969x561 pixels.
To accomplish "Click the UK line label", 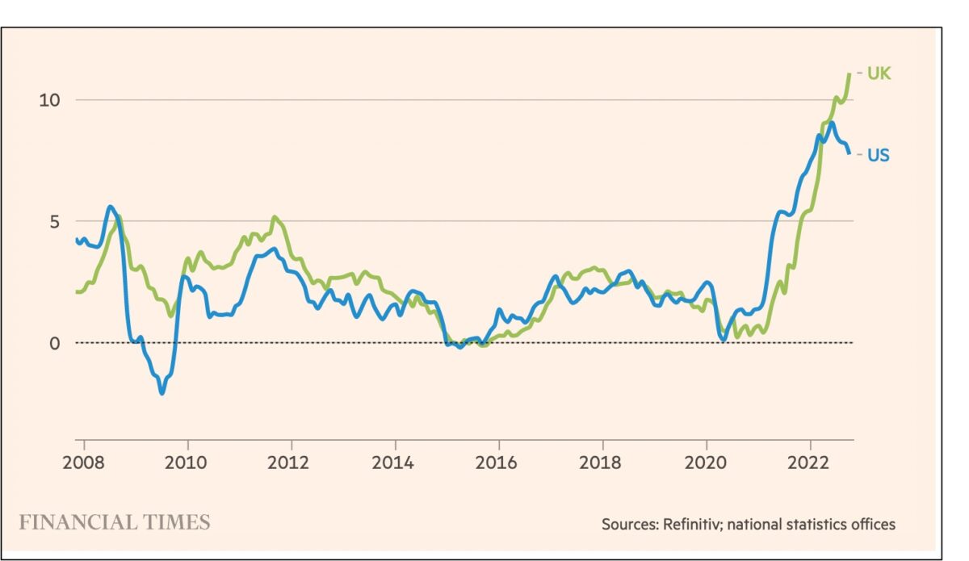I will [x=879, y=73].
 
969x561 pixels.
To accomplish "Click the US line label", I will [x=879, y=155].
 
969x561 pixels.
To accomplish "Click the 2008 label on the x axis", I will [x=84, y=464].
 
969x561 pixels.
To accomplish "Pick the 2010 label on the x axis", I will [x=187, y=464].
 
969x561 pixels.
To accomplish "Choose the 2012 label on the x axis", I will [x=291, y=464].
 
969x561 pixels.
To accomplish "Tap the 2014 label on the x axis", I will [x=395, y=464].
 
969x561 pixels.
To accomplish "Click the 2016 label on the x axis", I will [x=499, y=464].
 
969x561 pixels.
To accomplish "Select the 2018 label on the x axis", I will [x=602, y=464].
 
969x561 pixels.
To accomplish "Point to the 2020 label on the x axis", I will [x=707, y=464].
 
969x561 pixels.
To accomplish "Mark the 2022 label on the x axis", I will [x=810, y=464].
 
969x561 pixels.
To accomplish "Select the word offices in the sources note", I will [x=870, y=524].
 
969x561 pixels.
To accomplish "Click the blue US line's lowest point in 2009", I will [x=161, y=393].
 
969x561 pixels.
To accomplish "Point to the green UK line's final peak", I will [x=849, y=74].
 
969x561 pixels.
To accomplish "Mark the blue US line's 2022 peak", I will [x=831, y=123].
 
